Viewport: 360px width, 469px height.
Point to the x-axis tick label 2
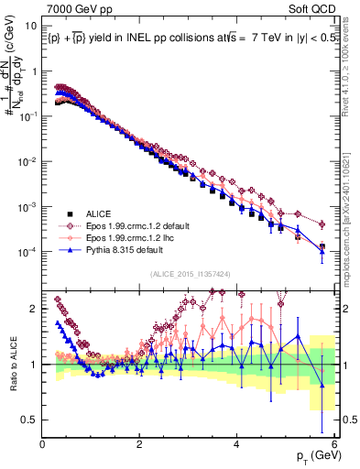140,445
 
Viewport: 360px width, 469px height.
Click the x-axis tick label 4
237,445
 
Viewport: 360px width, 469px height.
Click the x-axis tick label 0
43,445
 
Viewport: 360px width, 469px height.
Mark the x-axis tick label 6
334,445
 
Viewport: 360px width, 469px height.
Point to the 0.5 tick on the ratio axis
29,420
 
